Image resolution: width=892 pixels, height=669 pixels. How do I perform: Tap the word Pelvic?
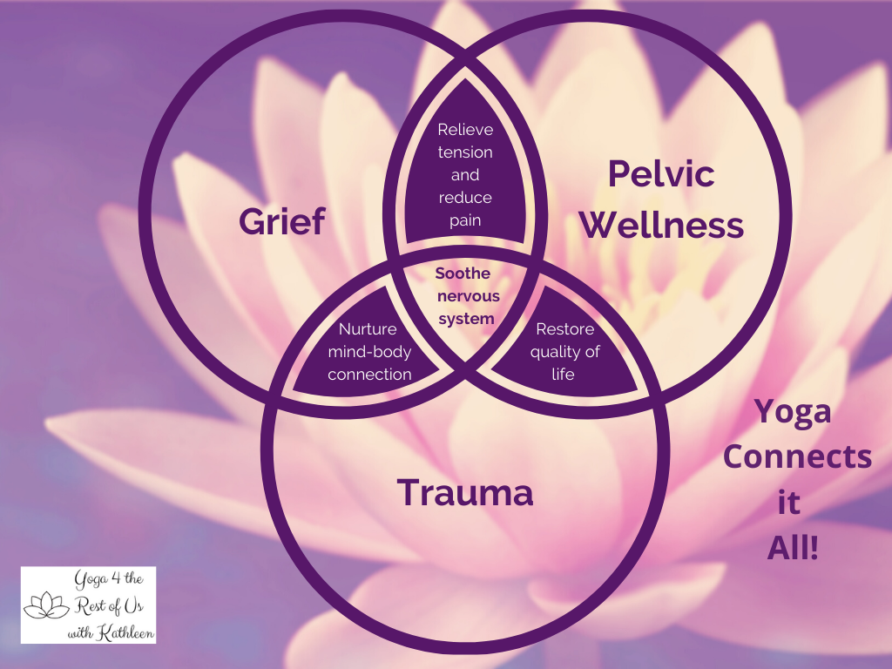pyautogui.click(x=661, y=174)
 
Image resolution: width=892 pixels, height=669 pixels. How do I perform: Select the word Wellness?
pyautogui.click(x=661, y=225)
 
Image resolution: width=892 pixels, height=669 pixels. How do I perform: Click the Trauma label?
pyautogui.click(x=465, y=493)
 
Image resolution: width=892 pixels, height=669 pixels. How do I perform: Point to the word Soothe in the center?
pyautogui.click(x=463, y=274)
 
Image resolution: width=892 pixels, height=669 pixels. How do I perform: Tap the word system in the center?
pyautogui.click(x=466, y=319)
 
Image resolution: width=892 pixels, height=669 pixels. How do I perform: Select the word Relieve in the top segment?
pyautogui.click(x=465, y=130)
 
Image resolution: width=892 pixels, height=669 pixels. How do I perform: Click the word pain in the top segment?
pyautogui.click(x=465, y=220)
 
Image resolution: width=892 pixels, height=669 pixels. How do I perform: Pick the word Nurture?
pyautogui.click(x=368, y=329)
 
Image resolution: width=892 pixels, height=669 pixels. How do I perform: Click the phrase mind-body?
pyautogui.click(x=368, y=352)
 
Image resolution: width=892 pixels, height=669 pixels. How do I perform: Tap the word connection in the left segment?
pyautogui.click(x=369, y=375)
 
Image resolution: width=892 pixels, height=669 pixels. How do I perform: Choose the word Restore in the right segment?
pyautogui.click(x=564, y=329)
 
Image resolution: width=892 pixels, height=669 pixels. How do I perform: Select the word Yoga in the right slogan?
pyautogui.click(x=792, y=411)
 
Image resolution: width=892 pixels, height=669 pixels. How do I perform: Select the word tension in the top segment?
pyautogui.click(x=465, y=152)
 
